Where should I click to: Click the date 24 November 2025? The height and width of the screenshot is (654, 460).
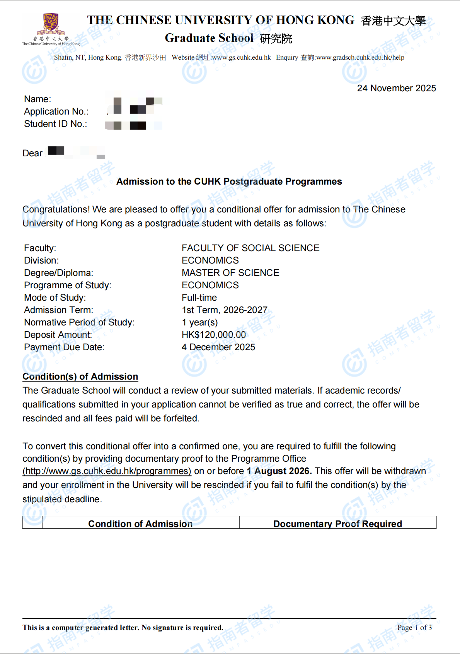click(x=396, y=88)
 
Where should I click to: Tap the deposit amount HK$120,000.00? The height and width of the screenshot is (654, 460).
click(x=214, y=335)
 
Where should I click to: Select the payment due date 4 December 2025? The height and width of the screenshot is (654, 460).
click(x=218, y=347)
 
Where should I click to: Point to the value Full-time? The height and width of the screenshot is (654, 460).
click(x=199, y=298)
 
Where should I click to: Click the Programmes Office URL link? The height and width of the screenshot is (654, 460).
click(x=107, y=471)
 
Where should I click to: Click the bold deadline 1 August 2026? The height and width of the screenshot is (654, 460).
click(x=279, y=471)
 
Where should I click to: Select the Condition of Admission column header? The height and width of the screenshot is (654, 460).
click(x=140, y=524)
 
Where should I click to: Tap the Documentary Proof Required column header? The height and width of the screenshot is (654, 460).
click(x=337, y=524)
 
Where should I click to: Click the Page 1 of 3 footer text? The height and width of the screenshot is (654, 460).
click(x=414, y=627)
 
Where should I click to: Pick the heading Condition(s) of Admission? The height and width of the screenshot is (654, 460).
click(x=80, y=377)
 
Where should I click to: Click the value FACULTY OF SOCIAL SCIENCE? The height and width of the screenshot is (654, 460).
click(x=250, y=248)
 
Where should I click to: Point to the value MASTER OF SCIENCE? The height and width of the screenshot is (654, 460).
click(x=230, y=273)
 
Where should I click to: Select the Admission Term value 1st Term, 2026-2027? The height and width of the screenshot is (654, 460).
click(x=225, y=310)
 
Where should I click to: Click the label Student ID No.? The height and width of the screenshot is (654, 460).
click(x=56, y=124)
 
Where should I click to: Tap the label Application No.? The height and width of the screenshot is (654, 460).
click(x=56, y=111)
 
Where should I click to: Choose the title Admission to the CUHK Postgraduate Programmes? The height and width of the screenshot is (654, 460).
click(x=229, y=181)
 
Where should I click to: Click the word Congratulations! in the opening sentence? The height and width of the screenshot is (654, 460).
click(x=56, y=209)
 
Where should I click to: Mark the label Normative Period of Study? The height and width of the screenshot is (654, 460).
click(x=79, y=322)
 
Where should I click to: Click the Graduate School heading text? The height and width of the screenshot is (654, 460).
click(x=209, y=38)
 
